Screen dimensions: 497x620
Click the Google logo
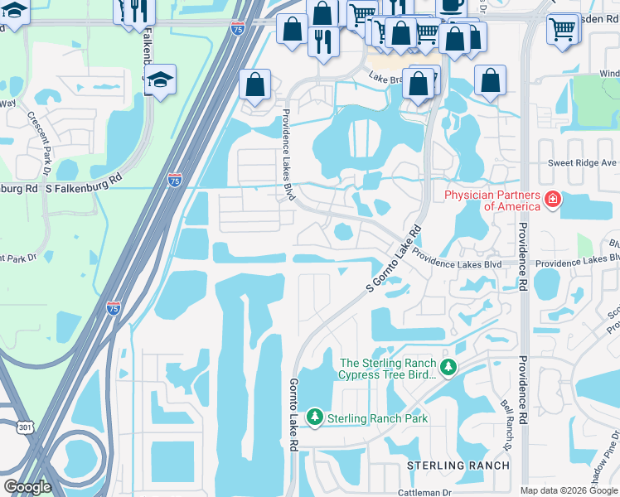click(x=27, y=487)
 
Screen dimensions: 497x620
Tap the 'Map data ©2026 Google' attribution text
click(x=569, y=490)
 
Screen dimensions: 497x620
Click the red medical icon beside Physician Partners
click(x=551, y=200)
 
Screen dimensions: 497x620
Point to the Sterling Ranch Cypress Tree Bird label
click(x=387, y=369)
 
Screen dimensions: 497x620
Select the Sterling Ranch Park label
click(x=378, y=418)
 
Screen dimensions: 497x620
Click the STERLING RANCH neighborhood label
click(x=458, y=466)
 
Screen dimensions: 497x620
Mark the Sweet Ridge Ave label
click(x=582, y=163)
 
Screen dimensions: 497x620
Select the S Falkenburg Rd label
click(x=83, y=188)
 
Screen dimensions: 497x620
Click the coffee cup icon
click(x=450, y=5)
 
